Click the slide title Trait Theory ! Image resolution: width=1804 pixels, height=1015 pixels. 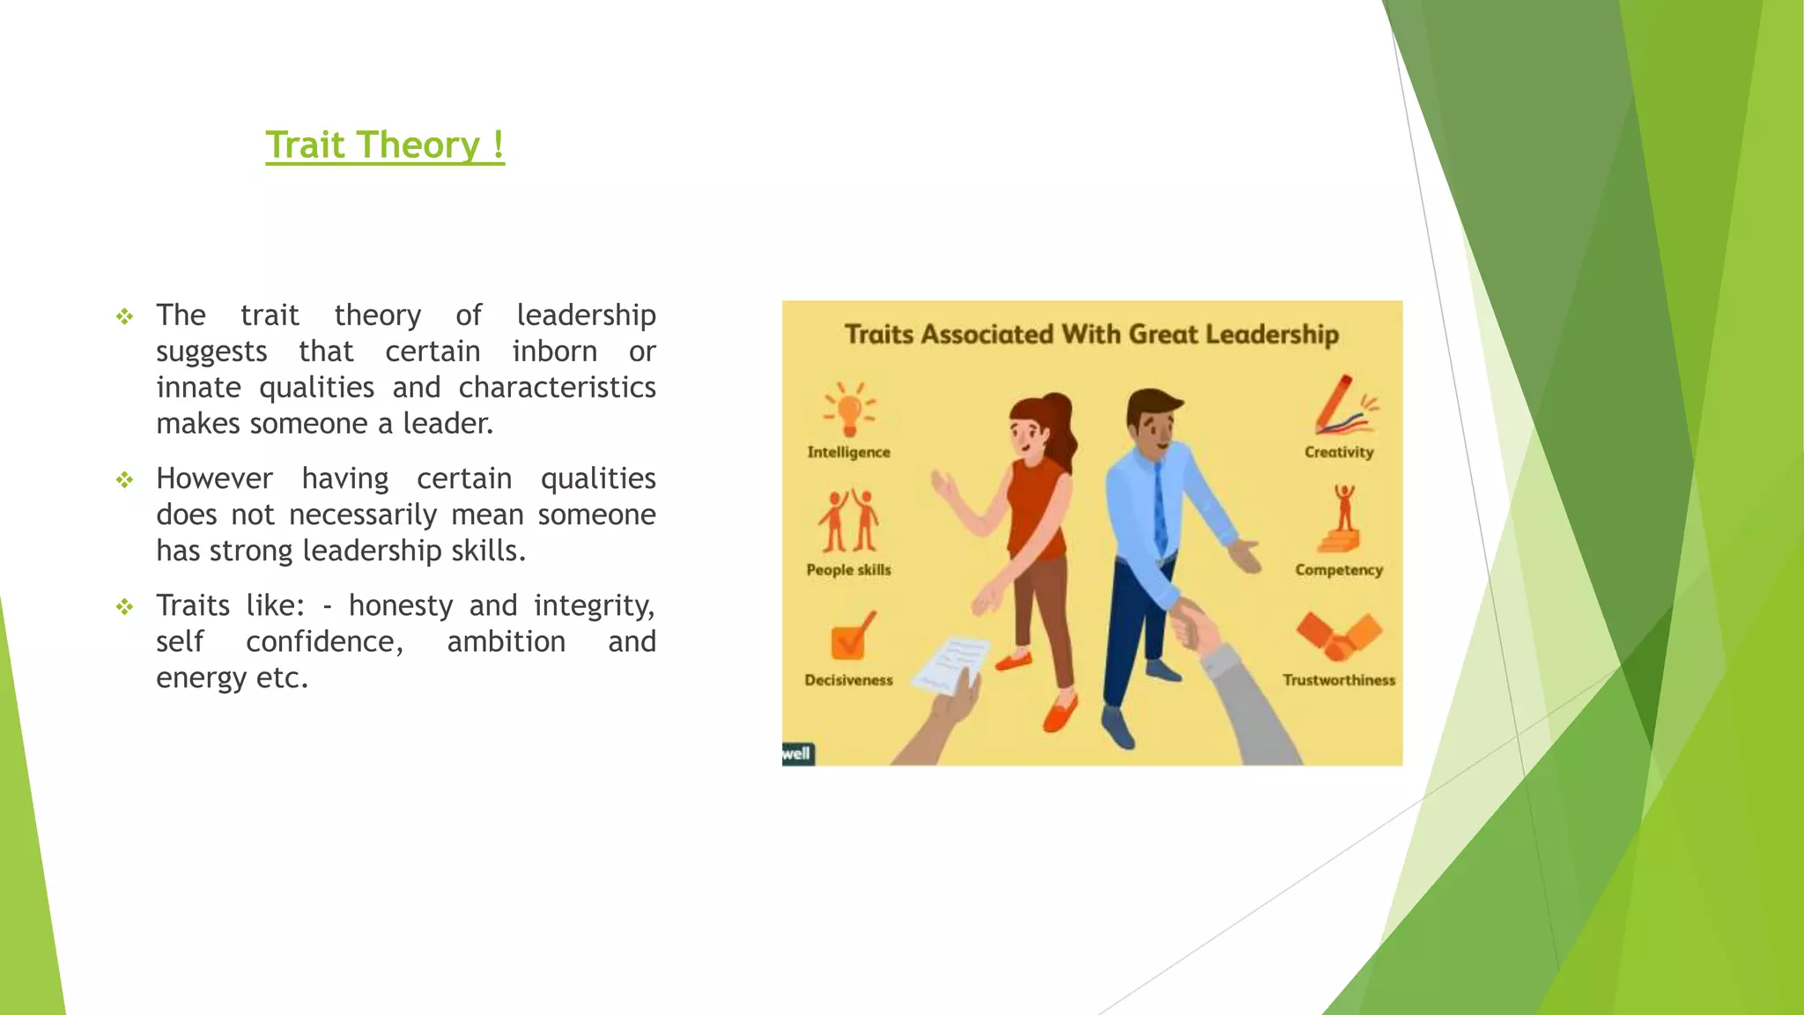385,144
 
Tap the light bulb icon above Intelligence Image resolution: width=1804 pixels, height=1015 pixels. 849,410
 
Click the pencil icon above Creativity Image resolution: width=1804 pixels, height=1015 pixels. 1341,406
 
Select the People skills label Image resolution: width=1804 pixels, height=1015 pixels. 848,570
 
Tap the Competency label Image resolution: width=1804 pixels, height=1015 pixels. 1339,570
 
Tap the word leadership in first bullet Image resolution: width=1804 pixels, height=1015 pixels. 586,315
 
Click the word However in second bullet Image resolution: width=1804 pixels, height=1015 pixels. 214,478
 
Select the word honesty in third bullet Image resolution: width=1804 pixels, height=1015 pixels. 400,605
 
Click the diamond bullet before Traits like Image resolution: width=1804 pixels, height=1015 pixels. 125,606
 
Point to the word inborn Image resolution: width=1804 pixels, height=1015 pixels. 554,352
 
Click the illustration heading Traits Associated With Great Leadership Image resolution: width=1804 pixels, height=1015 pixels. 1091,335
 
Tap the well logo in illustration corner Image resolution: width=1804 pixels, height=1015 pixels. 796,753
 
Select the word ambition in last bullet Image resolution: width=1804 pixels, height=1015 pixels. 506,641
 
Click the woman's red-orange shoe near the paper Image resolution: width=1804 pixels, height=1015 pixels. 1015,660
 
